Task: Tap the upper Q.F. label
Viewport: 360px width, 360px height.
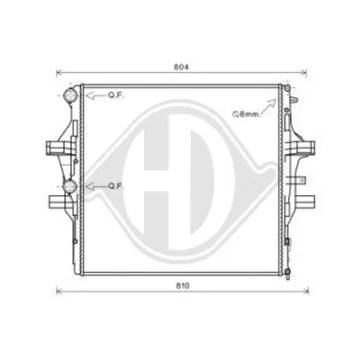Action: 117,94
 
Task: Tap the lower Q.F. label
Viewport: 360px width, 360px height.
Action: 117,185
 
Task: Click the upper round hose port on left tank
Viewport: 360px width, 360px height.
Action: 70,95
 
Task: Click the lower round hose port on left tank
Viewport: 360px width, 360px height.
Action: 70,186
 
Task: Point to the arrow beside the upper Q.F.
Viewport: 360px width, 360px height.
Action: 93,94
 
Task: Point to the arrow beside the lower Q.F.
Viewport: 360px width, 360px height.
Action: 93,185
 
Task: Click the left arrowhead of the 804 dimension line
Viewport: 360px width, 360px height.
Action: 60,74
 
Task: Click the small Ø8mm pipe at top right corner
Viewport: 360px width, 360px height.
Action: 289,89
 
